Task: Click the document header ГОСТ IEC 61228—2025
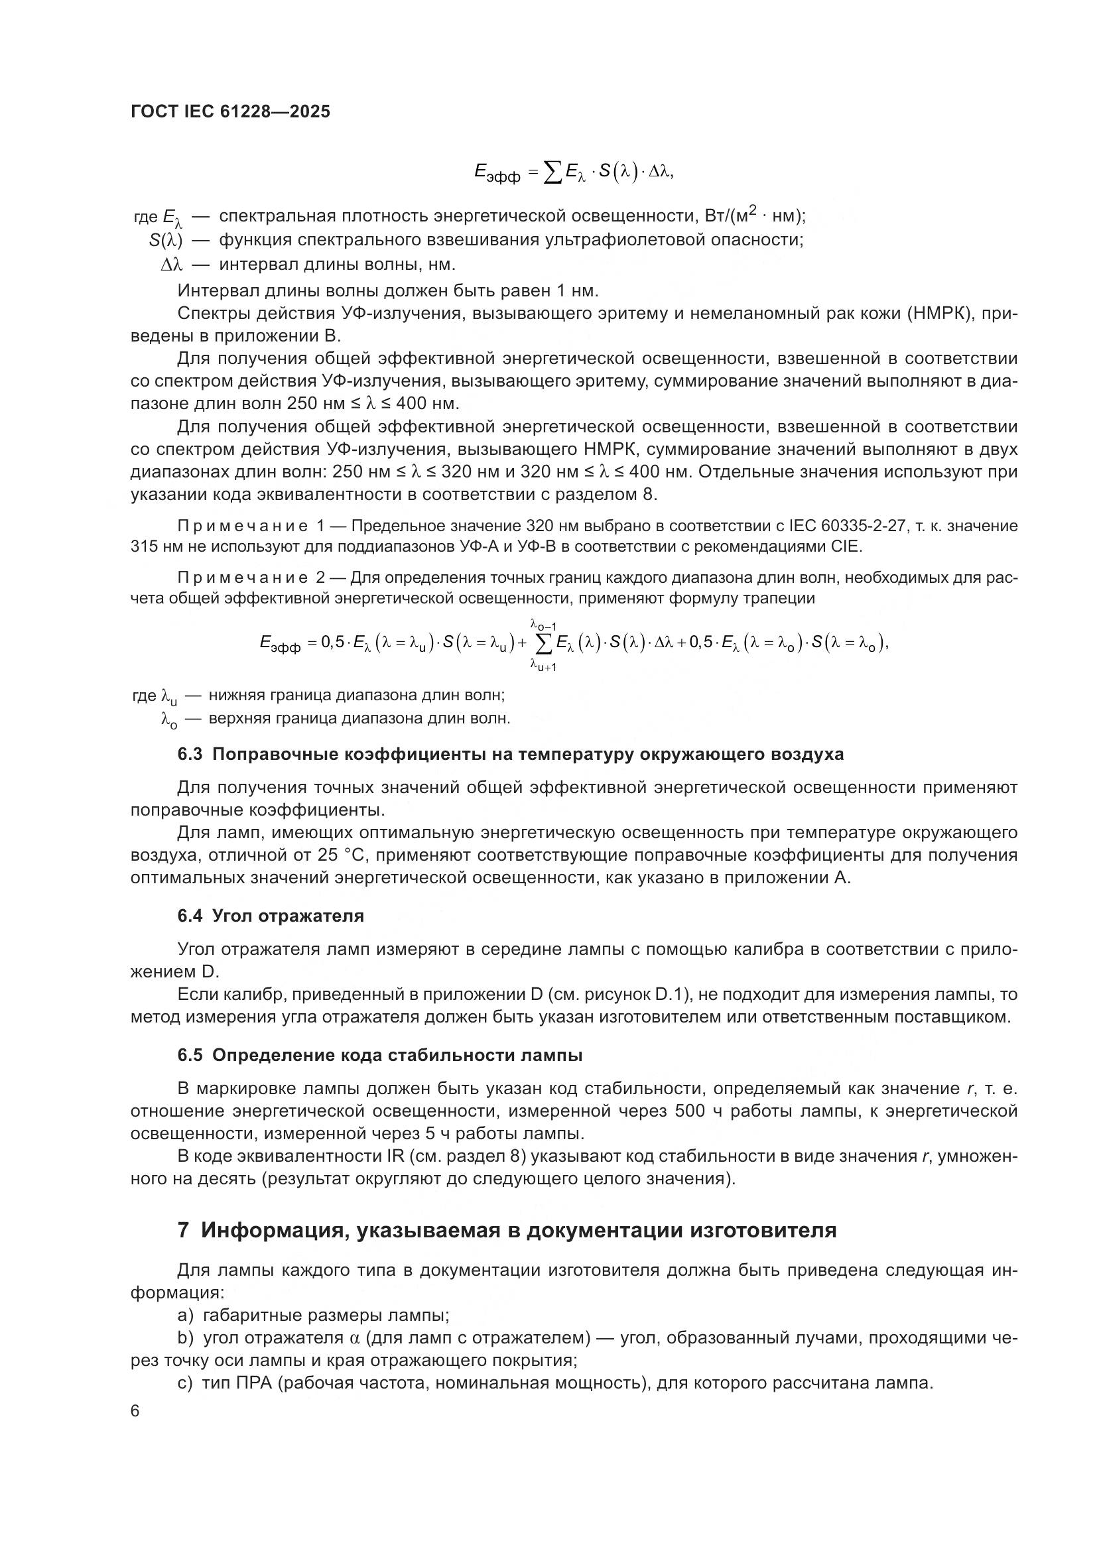point(230,112)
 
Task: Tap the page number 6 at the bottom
point(135,1411)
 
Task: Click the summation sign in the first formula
point(552,173)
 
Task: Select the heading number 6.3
point(190,755)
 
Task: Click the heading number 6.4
point(190,916)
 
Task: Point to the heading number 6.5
point(190,1055)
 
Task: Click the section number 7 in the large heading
point(183,1230)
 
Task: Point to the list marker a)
point(185,1315)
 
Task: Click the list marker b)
point(185,1337)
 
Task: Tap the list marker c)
point(185,1383)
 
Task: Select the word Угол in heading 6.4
point(231,916)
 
